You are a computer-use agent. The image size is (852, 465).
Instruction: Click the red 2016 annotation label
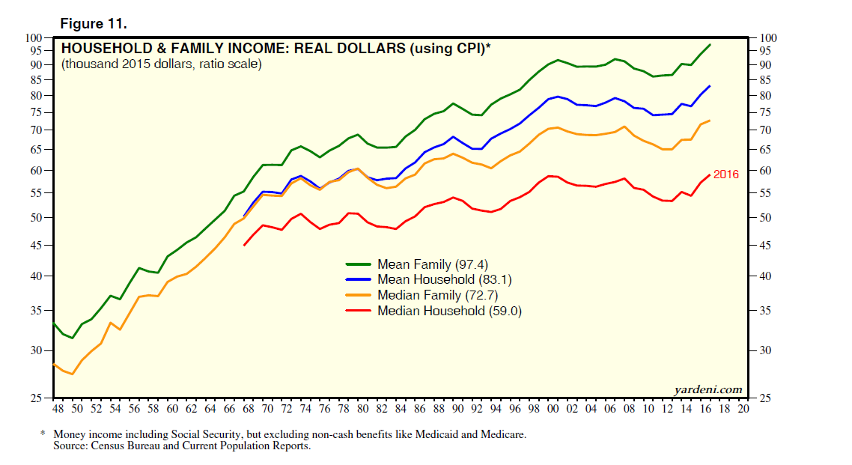tap(725, 174)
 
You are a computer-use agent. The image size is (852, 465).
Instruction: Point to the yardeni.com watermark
tap(708, 389)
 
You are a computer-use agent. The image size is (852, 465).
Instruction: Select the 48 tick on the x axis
tap(58, 410)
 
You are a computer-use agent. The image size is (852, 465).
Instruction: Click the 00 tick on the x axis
tap(553, 410)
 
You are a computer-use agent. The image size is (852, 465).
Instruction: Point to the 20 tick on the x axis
tap(743, 410)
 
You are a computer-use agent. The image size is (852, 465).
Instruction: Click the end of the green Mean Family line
tap(710, 45)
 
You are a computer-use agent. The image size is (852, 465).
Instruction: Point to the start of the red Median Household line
tap(244, 245)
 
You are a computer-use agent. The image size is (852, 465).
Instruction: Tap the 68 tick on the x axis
tap(248, 410)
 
